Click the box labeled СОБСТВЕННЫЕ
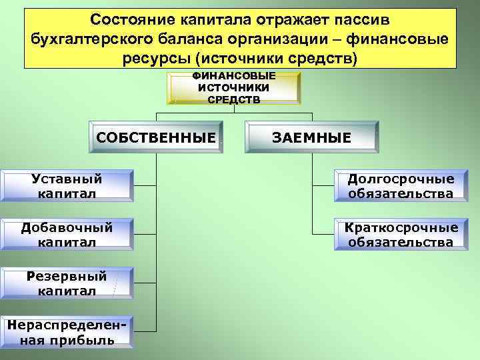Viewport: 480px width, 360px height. pyautogui.click(x=156, y=138)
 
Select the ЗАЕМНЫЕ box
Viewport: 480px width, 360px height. pyautogui.click(x=311, y=138)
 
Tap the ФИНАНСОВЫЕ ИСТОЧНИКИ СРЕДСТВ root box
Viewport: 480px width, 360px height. pyautogui.click(x=233, y=88)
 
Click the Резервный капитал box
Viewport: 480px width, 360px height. pyautogui.click(x=67, y=283)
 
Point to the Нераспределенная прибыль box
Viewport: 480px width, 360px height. pyautogui.click(x=67, y=332)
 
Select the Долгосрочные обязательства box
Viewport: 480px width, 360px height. pyautogui.click(x=401, y=186)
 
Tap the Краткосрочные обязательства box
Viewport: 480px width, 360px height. pyautogui.click(x=401, y=235)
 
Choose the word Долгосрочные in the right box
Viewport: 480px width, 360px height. pyautogui.click(x=401, y=179)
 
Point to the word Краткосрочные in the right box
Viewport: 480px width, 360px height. pyautogui.click(x=401, y=228)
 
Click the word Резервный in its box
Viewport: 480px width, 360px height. pyautogui.click(x=67, y=277)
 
